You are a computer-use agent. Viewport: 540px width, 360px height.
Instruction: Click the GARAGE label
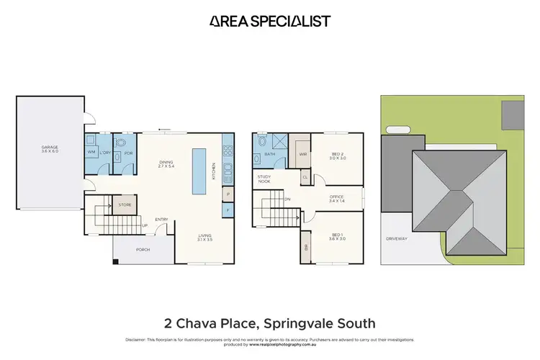[49, 150]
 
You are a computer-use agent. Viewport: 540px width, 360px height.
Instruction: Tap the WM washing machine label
[91, 153]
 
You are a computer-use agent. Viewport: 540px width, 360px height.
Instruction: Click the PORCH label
[143, 251]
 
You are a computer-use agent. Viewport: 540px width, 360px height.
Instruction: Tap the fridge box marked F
[228, 210]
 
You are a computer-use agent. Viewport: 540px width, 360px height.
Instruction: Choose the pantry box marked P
[228, 194]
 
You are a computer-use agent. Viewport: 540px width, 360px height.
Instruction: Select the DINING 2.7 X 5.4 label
[166, 163]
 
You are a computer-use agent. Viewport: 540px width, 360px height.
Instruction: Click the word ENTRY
[162, 220]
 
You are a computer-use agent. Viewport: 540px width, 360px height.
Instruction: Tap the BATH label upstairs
[270, 154]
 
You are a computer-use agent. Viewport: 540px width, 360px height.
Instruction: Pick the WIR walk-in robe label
[303, 154]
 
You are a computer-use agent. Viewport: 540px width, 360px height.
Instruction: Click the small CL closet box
[305, 177]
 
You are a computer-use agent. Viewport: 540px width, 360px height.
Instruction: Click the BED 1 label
[338, 237]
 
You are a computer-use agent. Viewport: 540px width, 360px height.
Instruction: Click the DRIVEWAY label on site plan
[397, 238]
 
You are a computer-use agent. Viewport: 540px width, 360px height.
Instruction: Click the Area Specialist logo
[270, 21]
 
